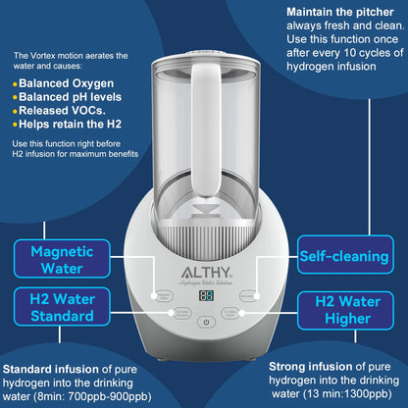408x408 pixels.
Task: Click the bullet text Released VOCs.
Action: click(68, 113)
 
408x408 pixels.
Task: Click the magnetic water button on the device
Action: click(165, 294)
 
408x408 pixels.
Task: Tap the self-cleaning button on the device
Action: click(249, 294)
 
